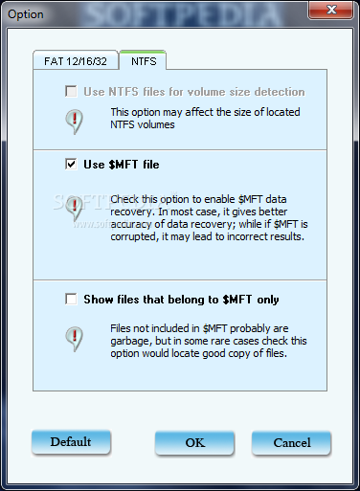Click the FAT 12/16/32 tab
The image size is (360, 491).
click(x=76, y=60)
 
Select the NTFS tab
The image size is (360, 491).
click(x=143, y=60)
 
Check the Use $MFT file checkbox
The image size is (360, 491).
click(x=71, y=164)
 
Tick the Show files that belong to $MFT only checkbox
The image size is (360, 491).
click(x=71, y=300)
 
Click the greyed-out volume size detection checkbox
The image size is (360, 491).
click(x=71, y=91)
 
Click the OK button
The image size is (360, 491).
click(x=194, y=442)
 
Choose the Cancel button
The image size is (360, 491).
click(x=292, y=442)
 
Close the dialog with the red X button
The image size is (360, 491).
click(x=331, y=10)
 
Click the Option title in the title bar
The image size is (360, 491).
click(x=26, y=14)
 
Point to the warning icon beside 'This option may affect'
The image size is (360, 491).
click(x=74, y=122)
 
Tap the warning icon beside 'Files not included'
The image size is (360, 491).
click(x=74, y=338)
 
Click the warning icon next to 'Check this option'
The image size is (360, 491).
click(x=74, y=209)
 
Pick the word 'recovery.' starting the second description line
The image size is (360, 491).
click(x=133, y=212)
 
